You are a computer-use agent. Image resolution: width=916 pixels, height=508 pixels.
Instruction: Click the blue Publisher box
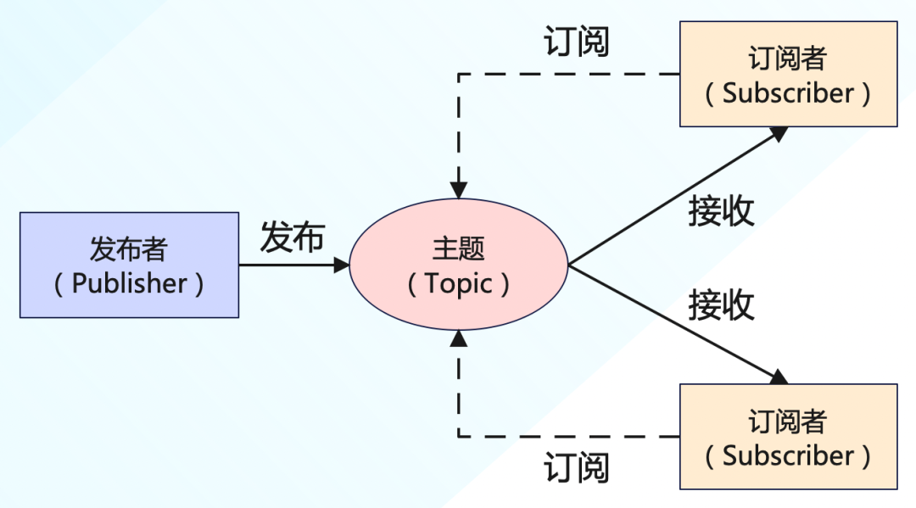click(129, 265)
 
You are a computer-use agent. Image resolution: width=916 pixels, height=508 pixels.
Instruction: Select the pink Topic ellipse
click(459, 265)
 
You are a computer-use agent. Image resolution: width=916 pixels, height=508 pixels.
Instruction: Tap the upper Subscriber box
click(788, 75)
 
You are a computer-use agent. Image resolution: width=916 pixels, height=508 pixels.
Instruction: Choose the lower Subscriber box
click(788, 437)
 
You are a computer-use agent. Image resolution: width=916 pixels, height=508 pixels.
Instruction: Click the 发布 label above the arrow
click(292, 237)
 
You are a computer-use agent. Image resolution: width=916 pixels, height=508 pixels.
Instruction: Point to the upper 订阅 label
click(577, 42)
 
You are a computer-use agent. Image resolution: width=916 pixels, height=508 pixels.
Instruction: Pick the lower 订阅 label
click(577, 467)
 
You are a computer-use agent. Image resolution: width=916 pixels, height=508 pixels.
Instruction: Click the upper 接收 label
click(721, 211)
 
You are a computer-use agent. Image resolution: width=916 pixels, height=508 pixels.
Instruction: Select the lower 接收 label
click(721, 304)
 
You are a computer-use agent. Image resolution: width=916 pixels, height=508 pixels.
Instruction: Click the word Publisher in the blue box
click(129, 283)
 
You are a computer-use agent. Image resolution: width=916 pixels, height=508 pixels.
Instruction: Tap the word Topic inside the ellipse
click(459, 283)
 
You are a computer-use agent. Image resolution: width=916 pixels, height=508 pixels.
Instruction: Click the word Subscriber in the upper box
click(788, 92)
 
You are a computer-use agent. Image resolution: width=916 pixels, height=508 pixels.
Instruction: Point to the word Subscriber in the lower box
click(788, 455)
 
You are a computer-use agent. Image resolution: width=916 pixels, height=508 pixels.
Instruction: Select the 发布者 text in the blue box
click(129, 249)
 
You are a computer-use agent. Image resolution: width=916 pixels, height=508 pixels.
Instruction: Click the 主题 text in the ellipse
click(459, 249)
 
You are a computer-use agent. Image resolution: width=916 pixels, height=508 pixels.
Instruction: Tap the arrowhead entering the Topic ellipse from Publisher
click(342, 265)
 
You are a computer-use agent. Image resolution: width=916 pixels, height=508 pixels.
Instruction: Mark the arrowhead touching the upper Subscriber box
click(779, 133)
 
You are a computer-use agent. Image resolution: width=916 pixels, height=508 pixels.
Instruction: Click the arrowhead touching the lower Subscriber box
click(779, 377)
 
